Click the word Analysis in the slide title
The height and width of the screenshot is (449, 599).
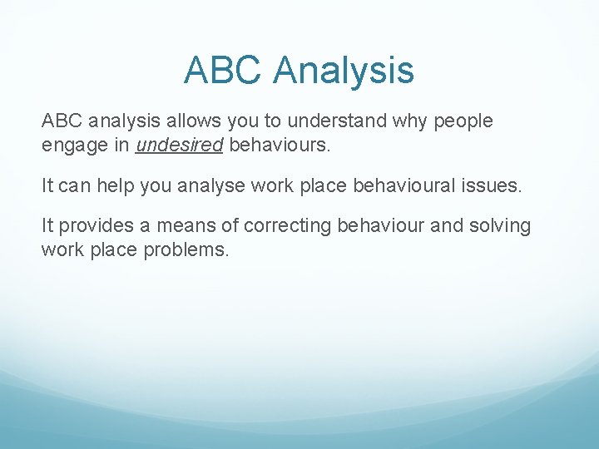[344, 70]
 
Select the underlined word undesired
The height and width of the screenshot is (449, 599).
[180, 146]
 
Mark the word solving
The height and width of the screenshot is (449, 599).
[499, 225]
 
